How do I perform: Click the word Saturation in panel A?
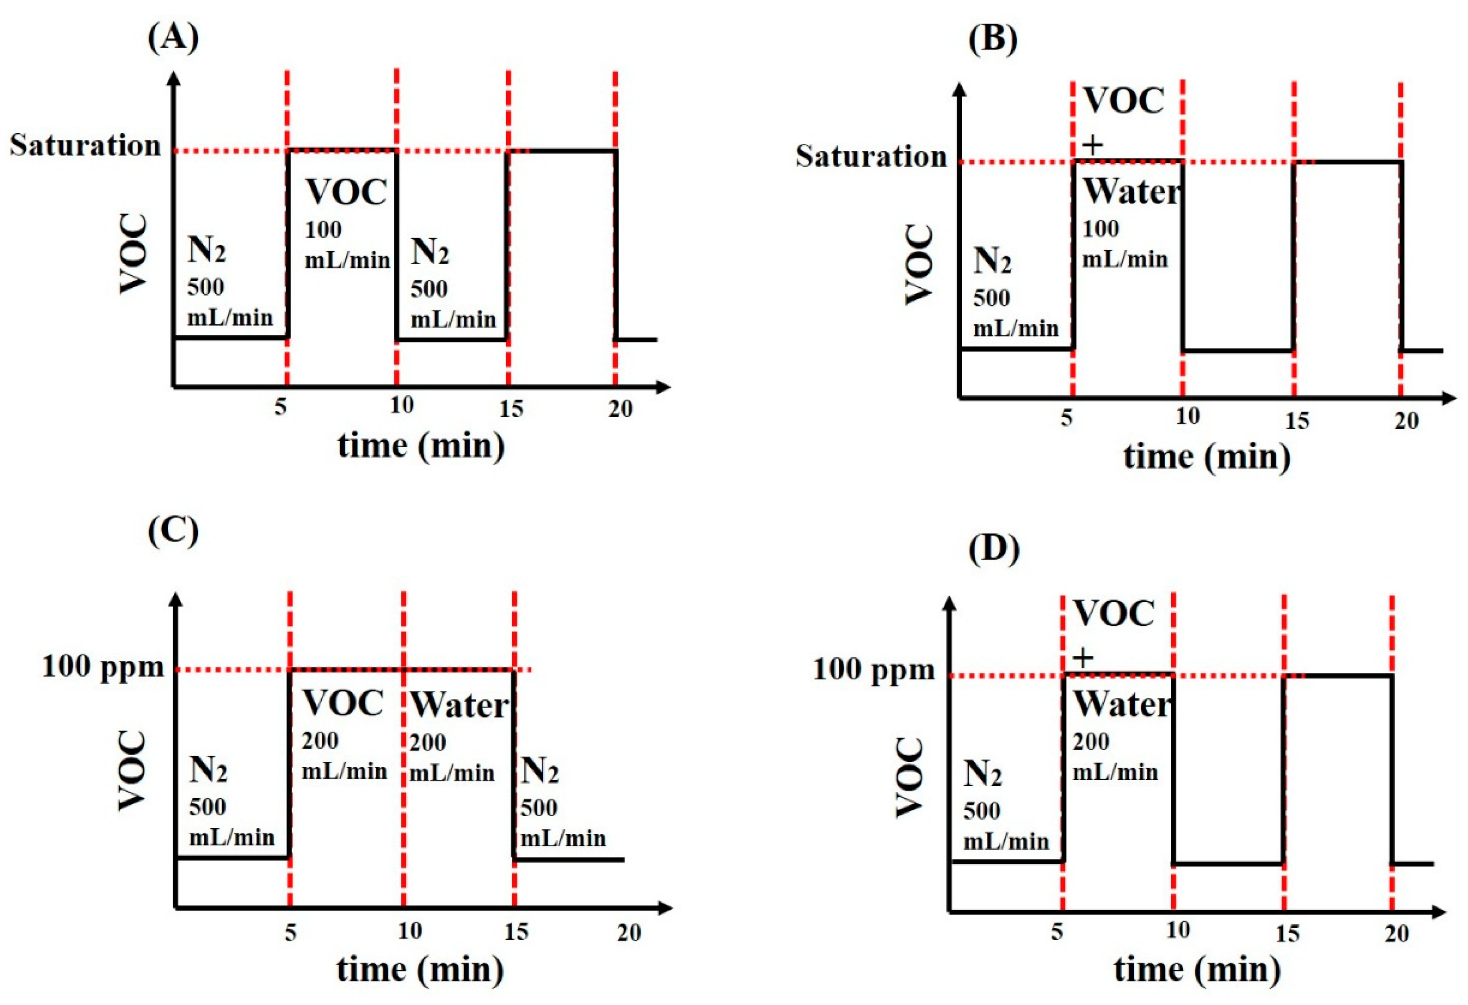point(85,146)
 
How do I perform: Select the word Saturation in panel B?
point(871,156)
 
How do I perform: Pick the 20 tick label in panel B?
point(1407,421)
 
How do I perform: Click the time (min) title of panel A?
point(421,446)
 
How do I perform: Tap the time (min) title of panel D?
point(1197,969)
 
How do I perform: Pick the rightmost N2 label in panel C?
point(539,771)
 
